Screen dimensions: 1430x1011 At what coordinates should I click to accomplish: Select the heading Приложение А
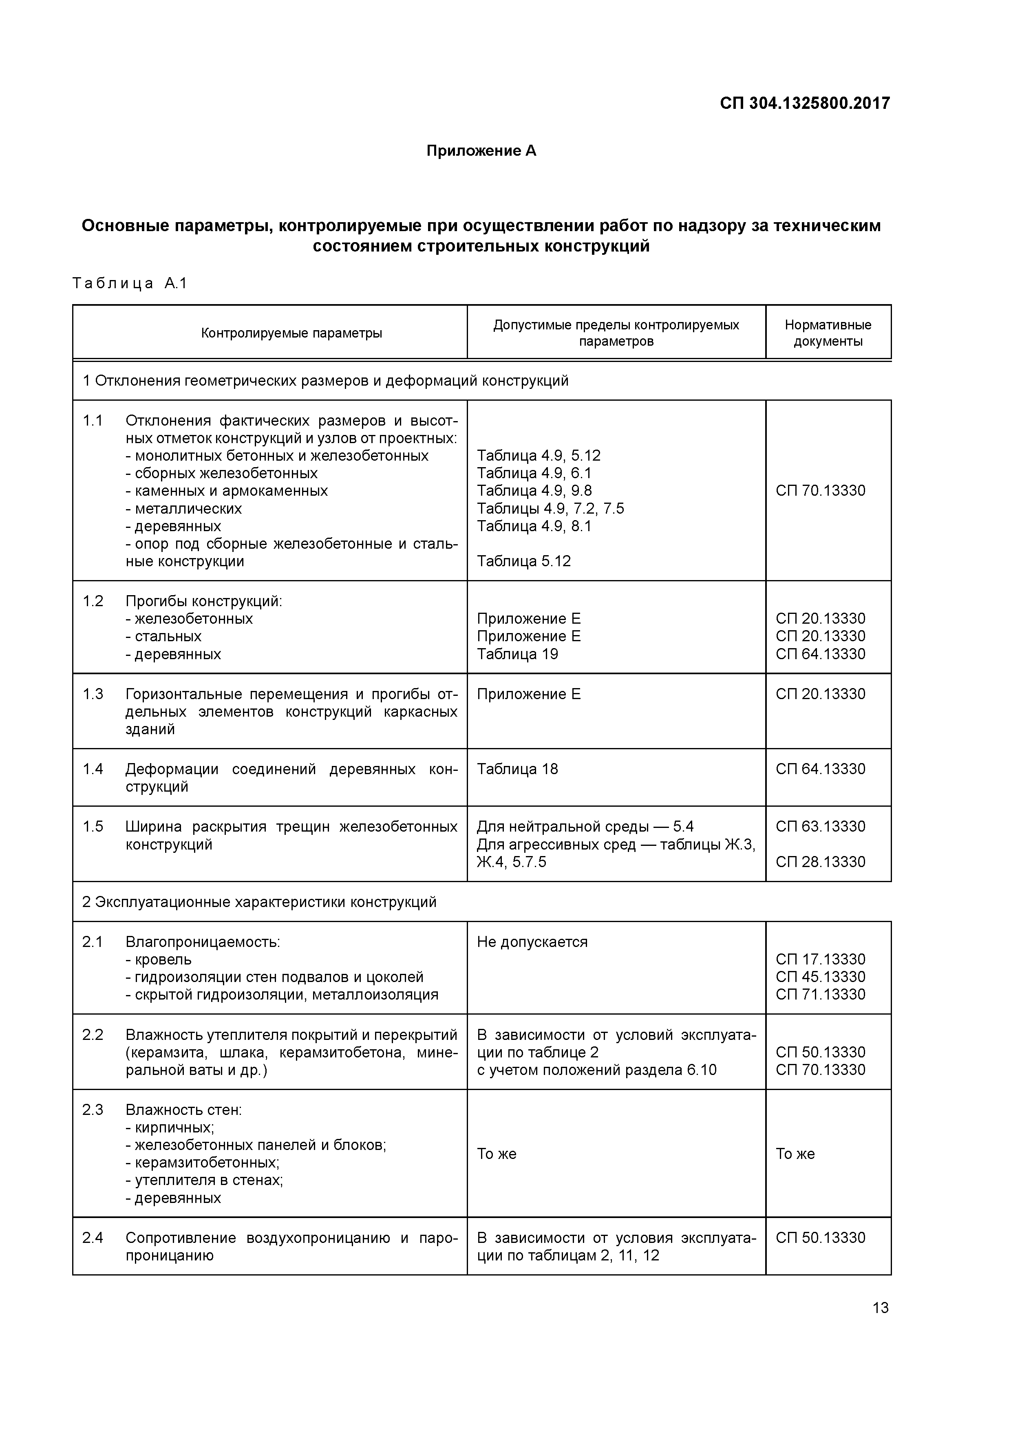tap(481, 151)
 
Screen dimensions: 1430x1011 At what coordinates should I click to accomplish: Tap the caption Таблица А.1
tap(130, 284)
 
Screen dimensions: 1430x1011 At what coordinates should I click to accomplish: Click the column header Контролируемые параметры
tap(291, 333)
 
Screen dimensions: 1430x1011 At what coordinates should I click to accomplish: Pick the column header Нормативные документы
tap(828, 333)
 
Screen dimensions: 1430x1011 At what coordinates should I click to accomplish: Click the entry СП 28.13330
tap(820, 862)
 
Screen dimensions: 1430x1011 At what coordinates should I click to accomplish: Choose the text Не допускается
tap(532, 942)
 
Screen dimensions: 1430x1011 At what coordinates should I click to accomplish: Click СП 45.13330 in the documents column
tap(820, 977)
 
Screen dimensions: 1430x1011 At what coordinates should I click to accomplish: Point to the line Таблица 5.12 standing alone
tap(523, 562)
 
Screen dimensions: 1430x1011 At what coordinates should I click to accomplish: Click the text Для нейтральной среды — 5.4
tap(585, 827)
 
